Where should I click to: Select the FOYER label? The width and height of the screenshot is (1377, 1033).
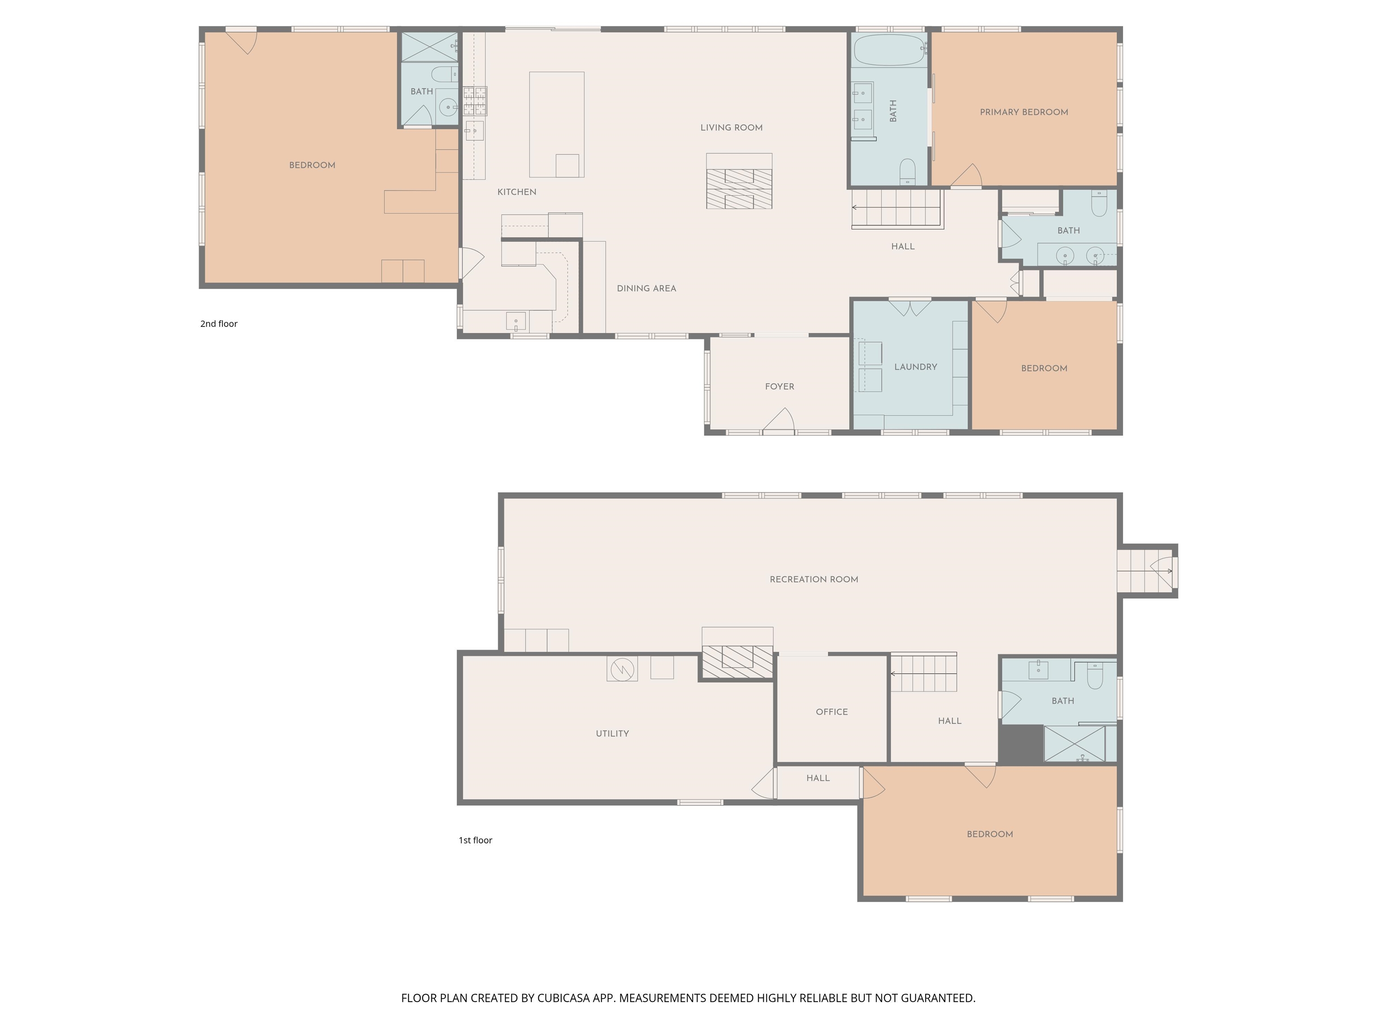(x=779, y=386)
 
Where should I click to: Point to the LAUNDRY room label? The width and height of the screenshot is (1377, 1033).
(x=915, y=367)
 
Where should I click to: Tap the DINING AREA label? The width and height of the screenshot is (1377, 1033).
(x=646, y=288)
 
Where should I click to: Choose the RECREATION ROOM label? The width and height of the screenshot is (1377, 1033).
(x=814, y=579)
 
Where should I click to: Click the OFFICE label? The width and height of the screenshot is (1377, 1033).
(x=831, y=712)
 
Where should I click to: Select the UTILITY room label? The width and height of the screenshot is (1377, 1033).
(x=612, y=734)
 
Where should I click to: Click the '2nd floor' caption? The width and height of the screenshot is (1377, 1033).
(x=218, y=324)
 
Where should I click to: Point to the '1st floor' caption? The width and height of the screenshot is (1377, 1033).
(x=475, y=840)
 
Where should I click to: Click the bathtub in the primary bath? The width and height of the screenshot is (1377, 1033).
(x=889, y=50)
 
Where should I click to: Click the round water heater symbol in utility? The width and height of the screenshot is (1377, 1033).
(x=622, y=669)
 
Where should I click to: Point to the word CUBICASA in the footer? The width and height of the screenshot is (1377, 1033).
(x=563, y=998)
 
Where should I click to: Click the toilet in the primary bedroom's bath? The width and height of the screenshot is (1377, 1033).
(x=907, y=171)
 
